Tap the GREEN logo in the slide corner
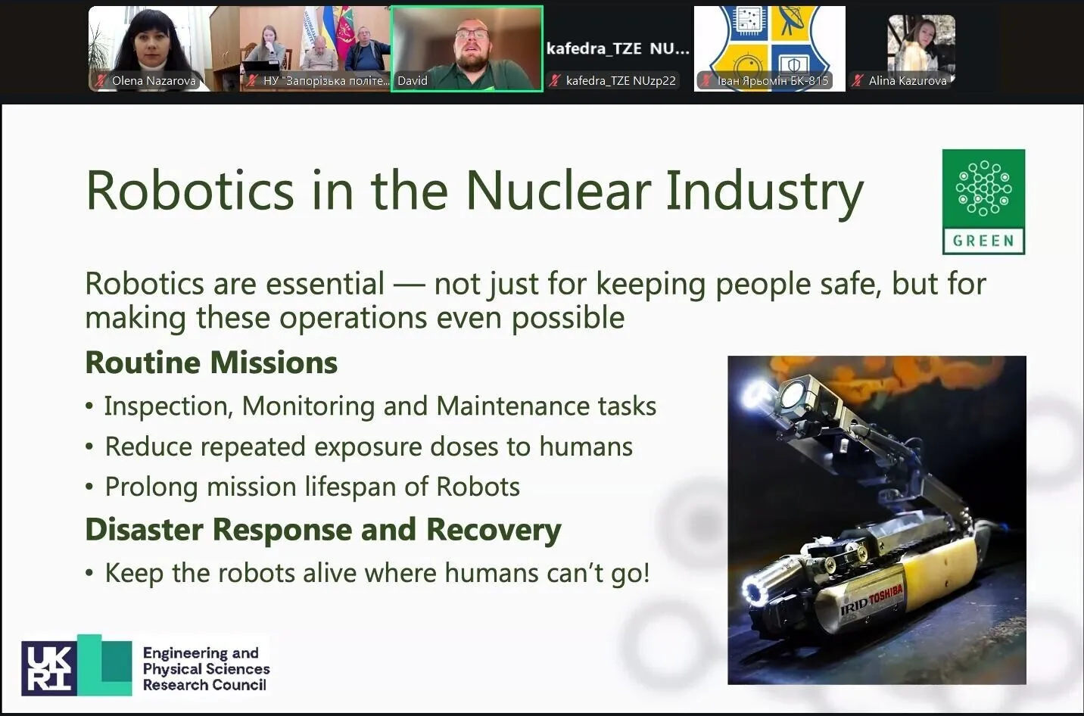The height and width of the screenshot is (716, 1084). tap(983, 202)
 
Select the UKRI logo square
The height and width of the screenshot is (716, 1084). tap(49, 668)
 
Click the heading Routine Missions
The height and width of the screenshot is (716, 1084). tap(211, 363)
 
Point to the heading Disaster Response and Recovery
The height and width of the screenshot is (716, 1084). tap(323, 529)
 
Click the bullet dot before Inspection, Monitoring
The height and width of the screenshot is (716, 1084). tap(89, 406)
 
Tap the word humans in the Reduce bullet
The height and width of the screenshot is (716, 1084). tap(586, 446)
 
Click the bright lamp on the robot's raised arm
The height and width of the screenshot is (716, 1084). tap(756, 393)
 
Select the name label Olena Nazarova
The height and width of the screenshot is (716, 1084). tap(154, 81)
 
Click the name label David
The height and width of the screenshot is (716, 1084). tap(413, 81)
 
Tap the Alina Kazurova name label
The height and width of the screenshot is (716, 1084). tap(908, 81)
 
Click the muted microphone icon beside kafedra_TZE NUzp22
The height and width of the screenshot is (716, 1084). tap(555, 81)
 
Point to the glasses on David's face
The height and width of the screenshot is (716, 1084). tap(472, 34)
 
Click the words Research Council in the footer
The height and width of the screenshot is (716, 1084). tap(204, 685)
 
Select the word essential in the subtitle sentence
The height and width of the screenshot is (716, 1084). tap(326, 284)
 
